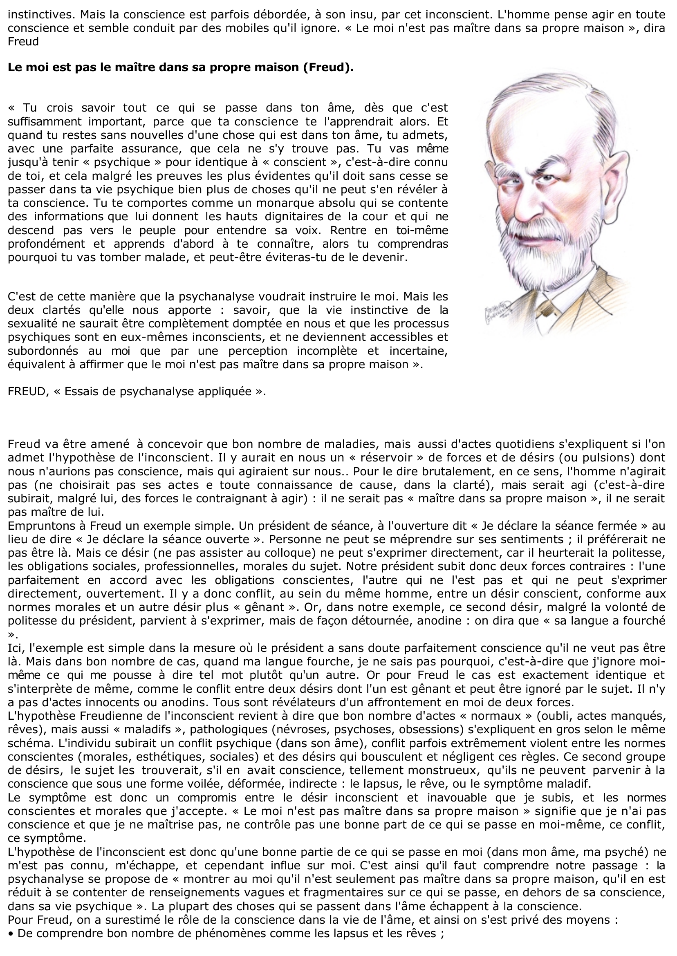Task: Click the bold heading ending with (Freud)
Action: [181, 67]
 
